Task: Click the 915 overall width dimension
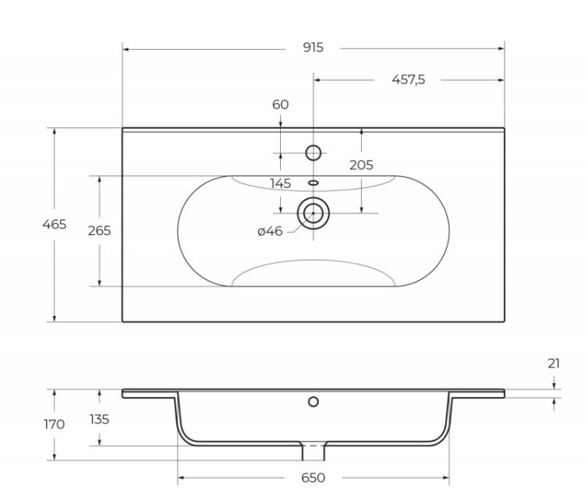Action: tap(313, 48)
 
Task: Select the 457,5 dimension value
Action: tap(408, 80)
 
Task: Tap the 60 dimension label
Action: tap(281, 105)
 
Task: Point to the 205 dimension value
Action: tap(361, 165)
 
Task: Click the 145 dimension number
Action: tap(280, 183)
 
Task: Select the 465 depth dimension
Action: tap(55, 224)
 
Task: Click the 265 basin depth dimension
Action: tap(100, 230)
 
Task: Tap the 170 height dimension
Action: tap(55, 425)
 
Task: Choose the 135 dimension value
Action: tap(100, 419)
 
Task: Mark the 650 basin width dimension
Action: tap(313, 478)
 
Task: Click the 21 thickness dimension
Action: tap(554, 363)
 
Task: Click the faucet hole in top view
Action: tap(314, 152)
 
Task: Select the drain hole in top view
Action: tap(314, 212)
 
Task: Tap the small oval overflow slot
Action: tap(314, 183)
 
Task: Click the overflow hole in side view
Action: tap(314, 402)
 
